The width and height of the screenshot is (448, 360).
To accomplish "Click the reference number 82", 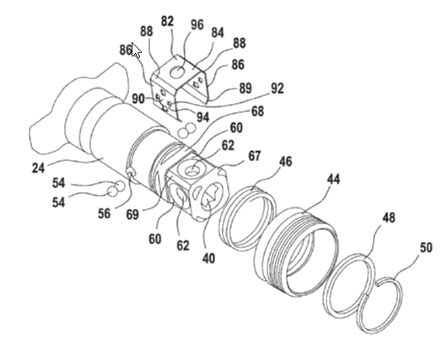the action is (167, 21).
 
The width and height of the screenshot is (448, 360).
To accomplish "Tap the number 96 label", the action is (197, 24).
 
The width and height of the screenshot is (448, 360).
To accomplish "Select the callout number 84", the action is (218, 33).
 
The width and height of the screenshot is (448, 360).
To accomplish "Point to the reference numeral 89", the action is (246, 88).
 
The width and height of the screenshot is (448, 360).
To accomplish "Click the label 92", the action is (277, 89).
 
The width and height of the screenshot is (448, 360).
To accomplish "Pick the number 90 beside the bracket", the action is (138, 99).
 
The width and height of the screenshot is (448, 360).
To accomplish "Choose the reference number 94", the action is (202, 116).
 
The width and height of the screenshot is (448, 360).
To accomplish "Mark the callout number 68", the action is (257, 110).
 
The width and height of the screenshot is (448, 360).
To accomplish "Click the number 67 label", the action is (254, 156).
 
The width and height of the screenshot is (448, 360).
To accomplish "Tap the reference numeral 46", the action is (286, 161).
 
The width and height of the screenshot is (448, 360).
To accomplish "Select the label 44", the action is (333, 180).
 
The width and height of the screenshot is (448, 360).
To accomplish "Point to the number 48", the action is (389, 218).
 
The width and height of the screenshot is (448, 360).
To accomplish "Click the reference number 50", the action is (426, 247).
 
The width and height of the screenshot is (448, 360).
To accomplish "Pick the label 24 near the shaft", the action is (38, 168).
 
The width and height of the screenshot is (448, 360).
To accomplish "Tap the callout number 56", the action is (104, 213).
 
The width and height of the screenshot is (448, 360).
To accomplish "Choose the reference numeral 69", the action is (132, 214).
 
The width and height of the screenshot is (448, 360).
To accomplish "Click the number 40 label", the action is (208, 258).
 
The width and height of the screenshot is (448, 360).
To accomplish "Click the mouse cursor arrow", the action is (136, 49).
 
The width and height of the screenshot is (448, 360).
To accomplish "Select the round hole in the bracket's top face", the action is (177, 72).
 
